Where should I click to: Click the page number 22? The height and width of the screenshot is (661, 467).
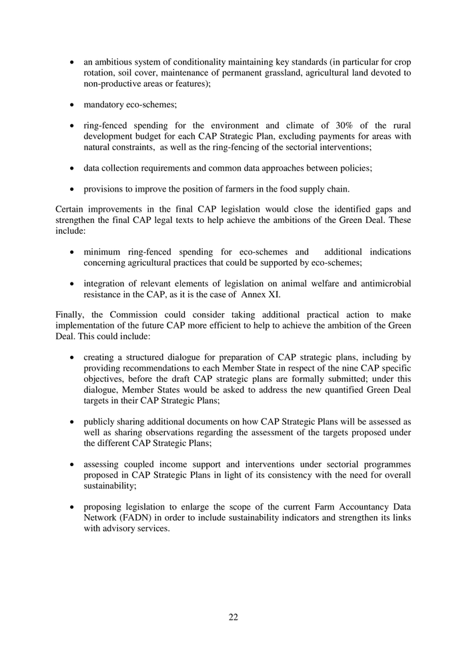(233, 617)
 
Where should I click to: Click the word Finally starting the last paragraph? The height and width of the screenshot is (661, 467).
(70, 314)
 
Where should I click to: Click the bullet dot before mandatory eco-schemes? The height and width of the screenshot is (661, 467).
(72, 105)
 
